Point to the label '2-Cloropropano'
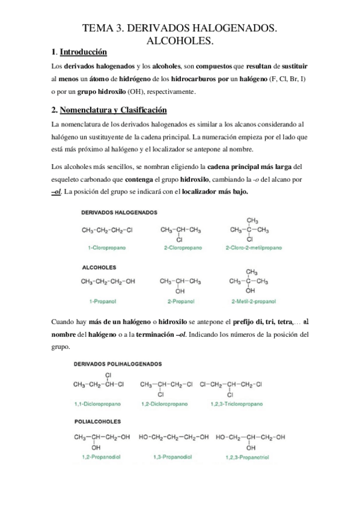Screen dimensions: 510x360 coord(180,247)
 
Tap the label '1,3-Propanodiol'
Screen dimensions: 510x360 coord(173,458)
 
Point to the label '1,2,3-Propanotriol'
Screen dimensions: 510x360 coord(250,458)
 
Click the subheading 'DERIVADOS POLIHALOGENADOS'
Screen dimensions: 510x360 coord(115,364)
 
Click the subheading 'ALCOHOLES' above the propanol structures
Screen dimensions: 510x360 coord(100,266)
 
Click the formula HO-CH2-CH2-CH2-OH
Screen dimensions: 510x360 coord(174,437)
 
